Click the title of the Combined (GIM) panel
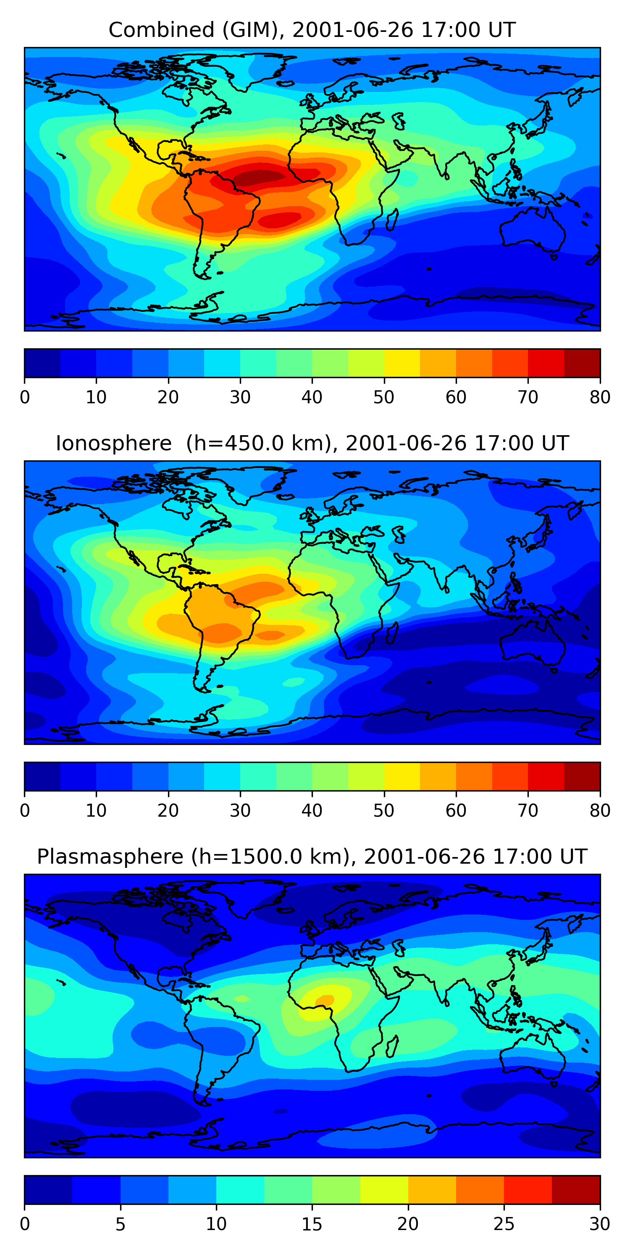click(x=312, y=30)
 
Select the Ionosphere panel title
click(x=312, y=443)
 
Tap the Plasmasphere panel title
click(x=312, y=857)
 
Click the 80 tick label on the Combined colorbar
click(x=600, y=397)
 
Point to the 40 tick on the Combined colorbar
click(x=312, y=397)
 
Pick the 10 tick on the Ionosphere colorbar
click(x=96, y=810)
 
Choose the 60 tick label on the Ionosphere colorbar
click(x=456, y=810)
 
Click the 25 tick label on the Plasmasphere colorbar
click(x=504, y=1224)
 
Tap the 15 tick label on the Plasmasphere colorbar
click(x=312, y=1224)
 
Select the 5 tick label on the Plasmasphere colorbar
click(x=120, y=1224)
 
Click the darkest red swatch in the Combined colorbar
click(x=582, y=363)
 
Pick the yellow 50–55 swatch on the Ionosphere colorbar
click(x=402, y=776)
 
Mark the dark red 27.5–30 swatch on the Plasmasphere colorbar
click(x=576, y=1190)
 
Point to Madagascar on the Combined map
click(x=392, y=220)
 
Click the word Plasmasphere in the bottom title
click(x=110, y=857)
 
